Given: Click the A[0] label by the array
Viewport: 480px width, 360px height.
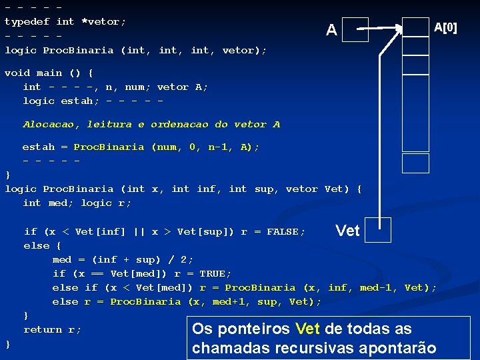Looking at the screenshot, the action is (x=445, y=27).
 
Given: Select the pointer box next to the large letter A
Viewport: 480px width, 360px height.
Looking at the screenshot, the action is (x=355, y=29).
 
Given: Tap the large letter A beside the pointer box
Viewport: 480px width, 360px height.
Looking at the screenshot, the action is (x=331, y=30).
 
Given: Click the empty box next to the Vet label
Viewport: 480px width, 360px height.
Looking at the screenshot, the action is (x=378, y=231).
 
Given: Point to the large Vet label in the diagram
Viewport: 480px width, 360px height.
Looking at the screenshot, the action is (x=347, y=231).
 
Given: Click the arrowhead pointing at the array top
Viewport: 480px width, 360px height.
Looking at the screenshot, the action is (x=398, y=28).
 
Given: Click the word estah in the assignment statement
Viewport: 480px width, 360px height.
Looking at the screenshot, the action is (x=39, y=147).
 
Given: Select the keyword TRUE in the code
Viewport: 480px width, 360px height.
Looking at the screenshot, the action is (x=215, y=273).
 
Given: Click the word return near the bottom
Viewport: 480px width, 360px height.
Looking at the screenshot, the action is (x=42, y=329).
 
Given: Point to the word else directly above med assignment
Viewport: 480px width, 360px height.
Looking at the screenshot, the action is (x=36, y=245).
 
